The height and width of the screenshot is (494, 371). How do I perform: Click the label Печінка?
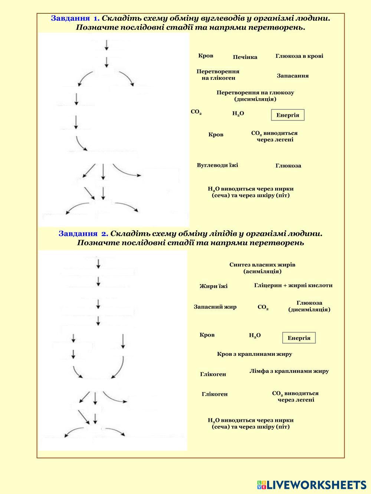245,57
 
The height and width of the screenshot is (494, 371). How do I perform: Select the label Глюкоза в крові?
299,56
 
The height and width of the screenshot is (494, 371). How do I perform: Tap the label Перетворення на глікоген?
218,74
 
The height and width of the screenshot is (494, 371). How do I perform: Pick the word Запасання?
292,76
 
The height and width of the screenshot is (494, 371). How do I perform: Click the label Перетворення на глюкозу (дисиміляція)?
255,96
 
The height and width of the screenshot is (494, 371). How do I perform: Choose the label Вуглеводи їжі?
217,165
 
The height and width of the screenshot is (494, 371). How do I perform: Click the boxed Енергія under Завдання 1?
288,115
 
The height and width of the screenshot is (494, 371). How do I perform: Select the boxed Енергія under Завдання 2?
299,338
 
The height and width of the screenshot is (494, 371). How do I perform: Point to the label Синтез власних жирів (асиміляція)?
262,268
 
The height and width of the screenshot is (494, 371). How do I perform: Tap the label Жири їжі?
213,286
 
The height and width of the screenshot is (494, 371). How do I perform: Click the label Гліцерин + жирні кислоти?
293,285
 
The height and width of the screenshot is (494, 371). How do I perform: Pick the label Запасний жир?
215,307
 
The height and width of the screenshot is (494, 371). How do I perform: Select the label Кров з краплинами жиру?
254,354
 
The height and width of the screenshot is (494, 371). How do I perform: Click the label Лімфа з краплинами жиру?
289,371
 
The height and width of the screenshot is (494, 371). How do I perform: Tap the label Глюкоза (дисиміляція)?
309,306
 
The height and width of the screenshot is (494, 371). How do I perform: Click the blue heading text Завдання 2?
83,234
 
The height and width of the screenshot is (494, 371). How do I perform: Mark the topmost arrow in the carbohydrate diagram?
107,45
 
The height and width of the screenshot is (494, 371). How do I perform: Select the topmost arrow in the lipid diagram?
98,263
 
